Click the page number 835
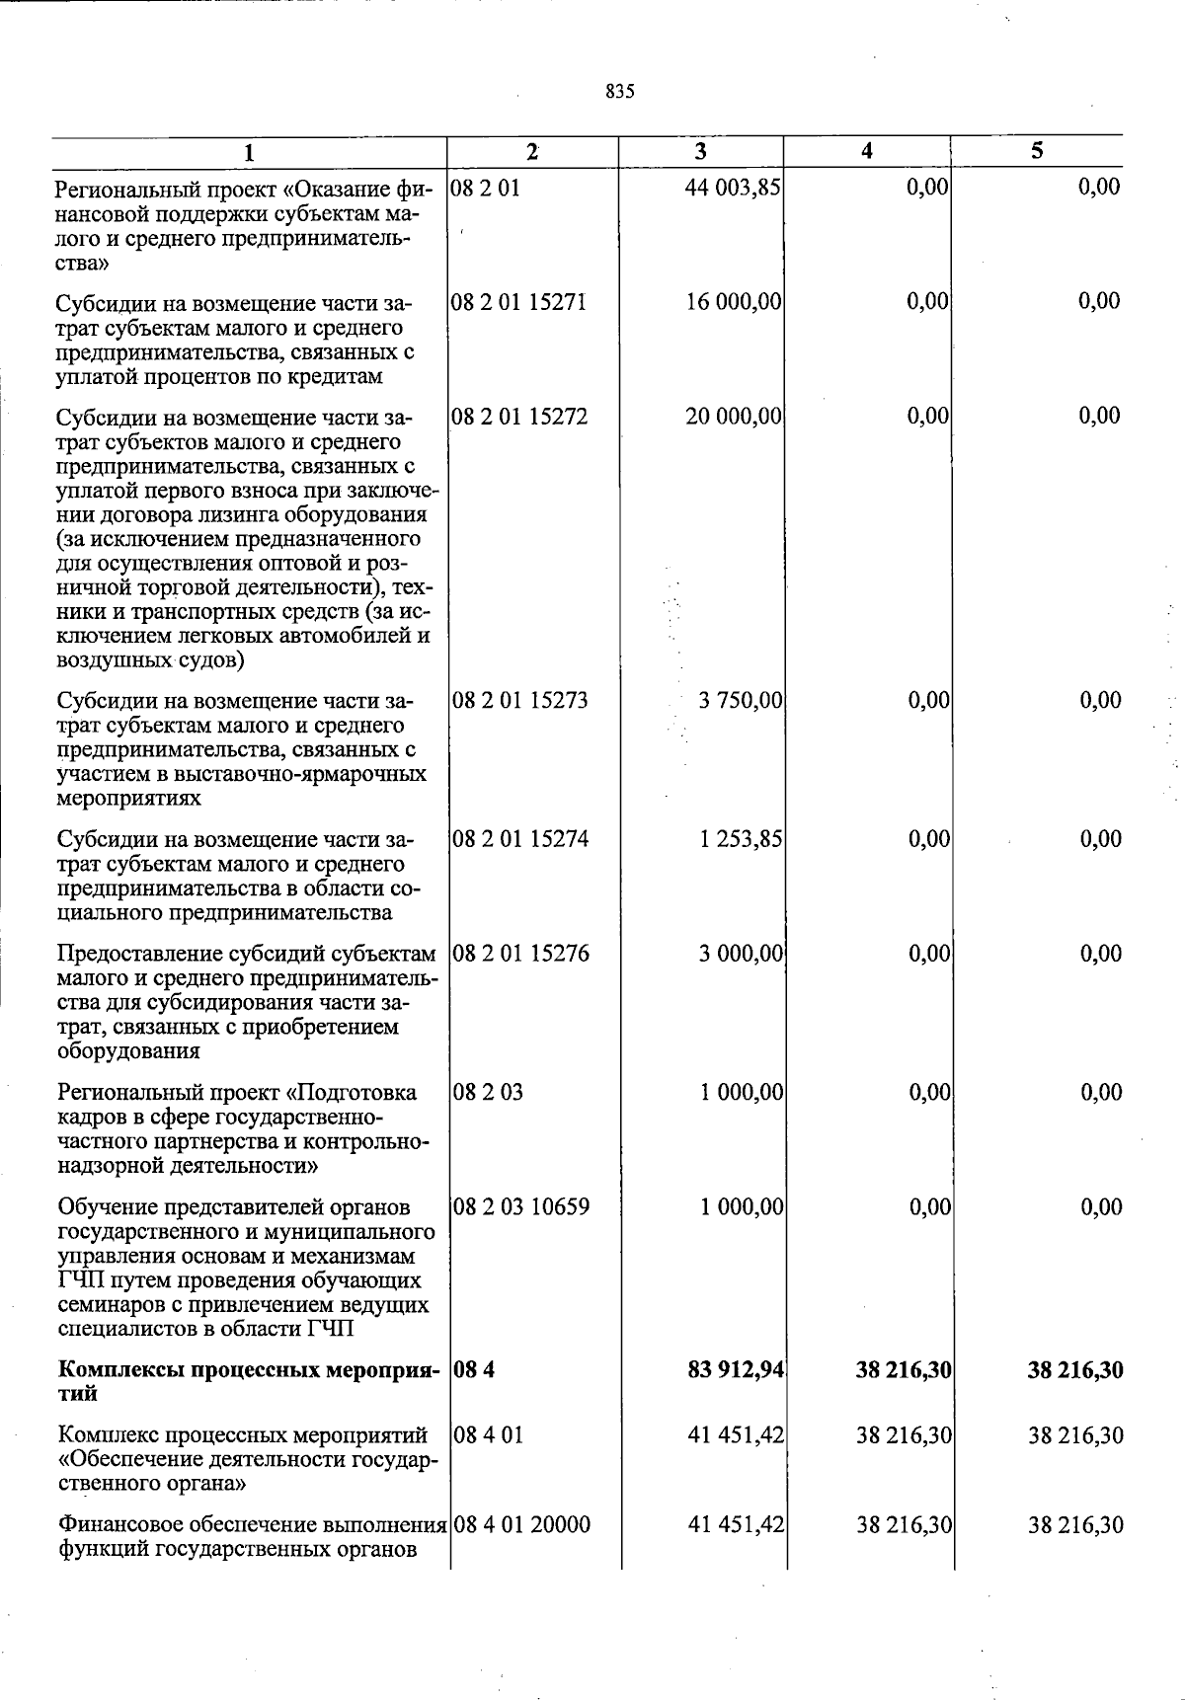[620, 92]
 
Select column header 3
[700, 151]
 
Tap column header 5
[1036, 151]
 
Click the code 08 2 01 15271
[518, 302]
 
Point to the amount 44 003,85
[733, 188]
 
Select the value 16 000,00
[734, 302]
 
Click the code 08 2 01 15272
[518, 417]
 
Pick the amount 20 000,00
[734, 417]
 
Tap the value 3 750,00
[741, 701]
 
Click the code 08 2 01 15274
[519, 840]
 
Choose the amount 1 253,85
[741, 840]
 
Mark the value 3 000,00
[741, 954]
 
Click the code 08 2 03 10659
[520, 1207]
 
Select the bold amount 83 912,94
[735, 1370]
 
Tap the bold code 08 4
[470, 1370]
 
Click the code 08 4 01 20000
[521, 1525]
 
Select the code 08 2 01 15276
[519, 954]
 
